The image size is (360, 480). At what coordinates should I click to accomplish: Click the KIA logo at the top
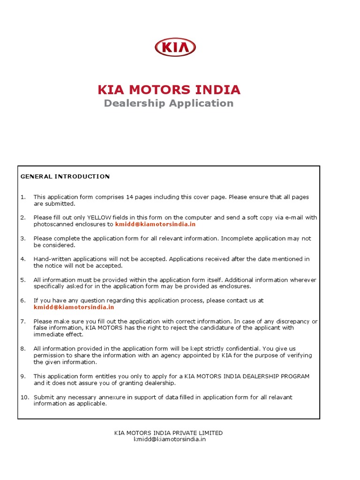[175, 47]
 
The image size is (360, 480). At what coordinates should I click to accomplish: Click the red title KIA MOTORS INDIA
[169, 90]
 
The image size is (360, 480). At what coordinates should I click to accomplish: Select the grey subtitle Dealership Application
[169, 103]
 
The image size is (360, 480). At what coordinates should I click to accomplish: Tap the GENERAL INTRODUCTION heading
[65, 177]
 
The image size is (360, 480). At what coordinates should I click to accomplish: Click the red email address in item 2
[155, 225]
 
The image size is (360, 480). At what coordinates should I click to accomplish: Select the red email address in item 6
[74, 307]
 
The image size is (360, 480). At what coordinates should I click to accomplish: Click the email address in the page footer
[169, 439]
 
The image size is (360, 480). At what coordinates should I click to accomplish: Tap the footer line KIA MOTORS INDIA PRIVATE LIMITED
[169, 433]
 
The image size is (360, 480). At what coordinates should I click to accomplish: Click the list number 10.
[24, 397]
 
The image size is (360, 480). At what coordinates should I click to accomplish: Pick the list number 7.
[23, 321]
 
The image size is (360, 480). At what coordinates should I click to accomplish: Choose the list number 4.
[23, 259]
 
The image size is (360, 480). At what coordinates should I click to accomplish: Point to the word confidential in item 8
[241, 349]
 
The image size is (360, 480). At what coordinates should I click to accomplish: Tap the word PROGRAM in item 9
[294, 376]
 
